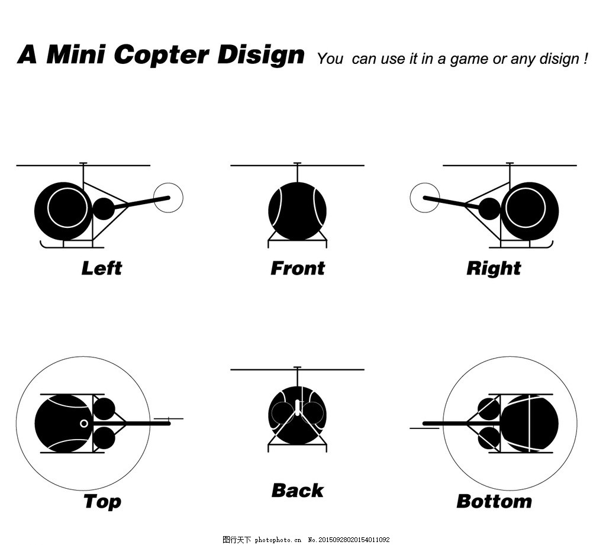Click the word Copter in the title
162,54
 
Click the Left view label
102,268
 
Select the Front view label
298,268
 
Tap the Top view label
102,502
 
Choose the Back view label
298,491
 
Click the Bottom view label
494,501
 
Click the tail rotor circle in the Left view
168,183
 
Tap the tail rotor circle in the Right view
425,183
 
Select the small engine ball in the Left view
104,209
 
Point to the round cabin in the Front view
297,211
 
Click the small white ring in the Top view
84,424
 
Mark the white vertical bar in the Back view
297,407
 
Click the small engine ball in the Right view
489,209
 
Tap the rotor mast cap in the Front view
297,163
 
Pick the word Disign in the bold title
261,55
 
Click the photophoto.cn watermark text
278,540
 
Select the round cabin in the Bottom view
530,423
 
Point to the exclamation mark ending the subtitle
585,59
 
